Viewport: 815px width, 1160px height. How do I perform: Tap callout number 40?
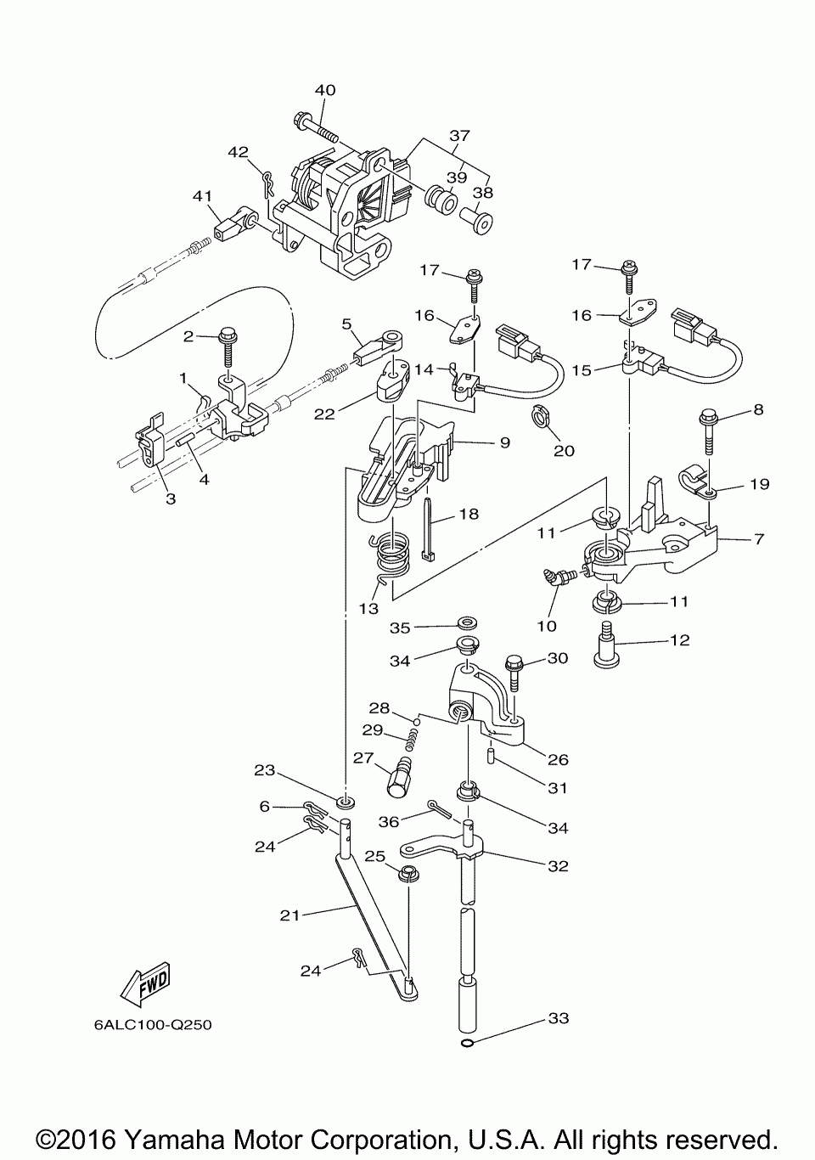[x=325, y=90]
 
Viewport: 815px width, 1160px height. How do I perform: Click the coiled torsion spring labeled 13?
[x=391, y=560]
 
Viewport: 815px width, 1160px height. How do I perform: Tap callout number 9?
[x=505, y=442]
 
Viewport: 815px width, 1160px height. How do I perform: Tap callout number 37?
[x=459, y=136]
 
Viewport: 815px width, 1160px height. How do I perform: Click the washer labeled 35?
[x=468, y=622]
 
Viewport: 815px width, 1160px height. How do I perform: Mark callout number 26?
[x=558, y=760]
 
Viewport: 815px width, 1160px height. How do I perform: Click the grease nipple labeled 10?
[x=557, y=578]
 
